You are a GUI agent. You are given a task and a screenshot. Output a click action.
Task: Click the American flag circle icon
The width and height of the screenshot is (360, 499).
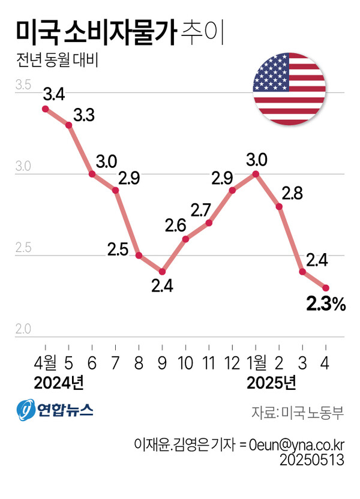(x=289, y=89)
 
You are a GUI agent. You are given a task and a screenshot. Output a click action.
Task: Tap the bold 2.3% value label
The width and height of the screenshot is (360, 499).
(x=326, y=305)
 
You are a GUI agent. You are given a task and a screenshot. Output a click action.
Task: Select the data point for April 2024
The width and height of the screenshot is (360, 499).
(x=45, y=109)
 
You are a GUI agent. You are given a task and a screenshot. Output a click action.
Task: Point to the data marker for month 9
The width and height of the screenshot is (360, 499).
(x=162, y=272)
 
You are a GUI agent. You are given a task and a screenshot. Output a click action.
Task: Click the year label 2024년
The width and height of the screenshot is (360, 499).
(x=58, y=382)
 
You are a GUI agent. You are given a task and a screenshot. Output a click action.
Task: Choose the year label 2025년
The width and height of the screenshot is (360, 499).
(x=271, y=382)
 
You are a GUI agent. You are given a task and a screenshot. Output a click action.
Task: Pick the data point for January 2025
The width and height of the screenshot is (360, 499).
(x=256, y=174)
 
